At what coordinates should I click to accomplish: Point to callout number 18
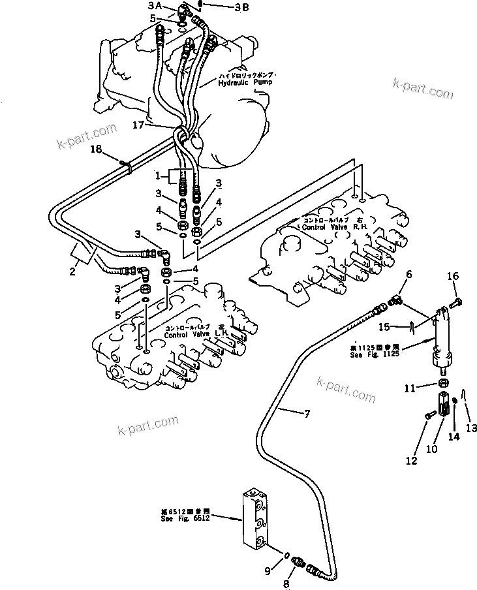click(x=96, y=150)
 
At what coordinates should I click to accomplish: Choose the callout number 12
click(x=410, y=461)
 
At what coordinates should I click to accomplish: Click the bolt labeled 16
click(x=457, y=301)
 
